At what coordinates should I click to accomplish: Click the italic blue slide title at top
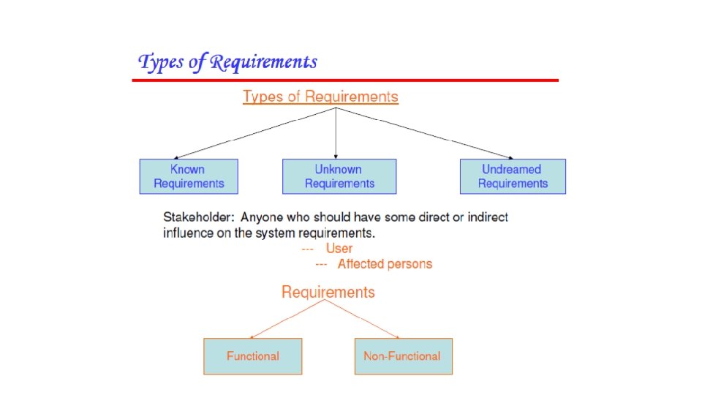227,62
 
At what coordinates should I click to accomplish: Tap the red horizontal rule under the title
344,80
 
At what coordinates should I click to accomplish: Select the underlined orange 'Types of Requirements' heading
320,97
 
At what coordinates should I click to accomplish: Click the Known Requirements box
189,176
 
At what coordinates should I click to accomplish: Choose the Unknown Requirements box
339,176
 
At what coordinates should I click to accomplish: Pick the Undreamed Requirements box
513,176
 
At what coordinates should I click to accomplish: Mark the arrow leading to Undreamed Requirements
424,133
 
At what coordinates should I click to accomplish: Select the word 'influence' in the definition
187,233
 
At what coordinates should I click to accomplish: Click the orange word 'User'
339,249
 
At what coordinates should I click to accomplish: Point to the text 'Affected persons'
385,264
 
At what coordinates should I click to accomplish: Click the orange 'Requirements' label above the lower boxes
328,293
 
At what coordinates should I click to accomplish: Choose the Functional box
252,356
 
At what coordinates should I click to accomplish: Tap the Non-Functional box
403,356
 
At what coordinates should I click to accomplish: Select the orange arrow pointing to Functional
287,320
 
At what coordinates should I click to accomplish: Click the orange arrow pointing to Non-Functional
363,320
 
